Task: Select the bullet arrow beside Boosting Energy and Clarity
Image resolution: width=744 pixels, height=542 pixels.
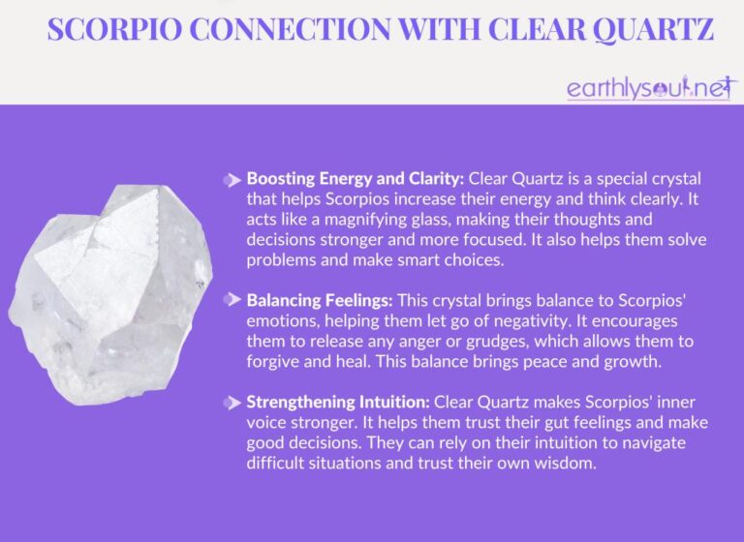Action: point(232,179)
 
